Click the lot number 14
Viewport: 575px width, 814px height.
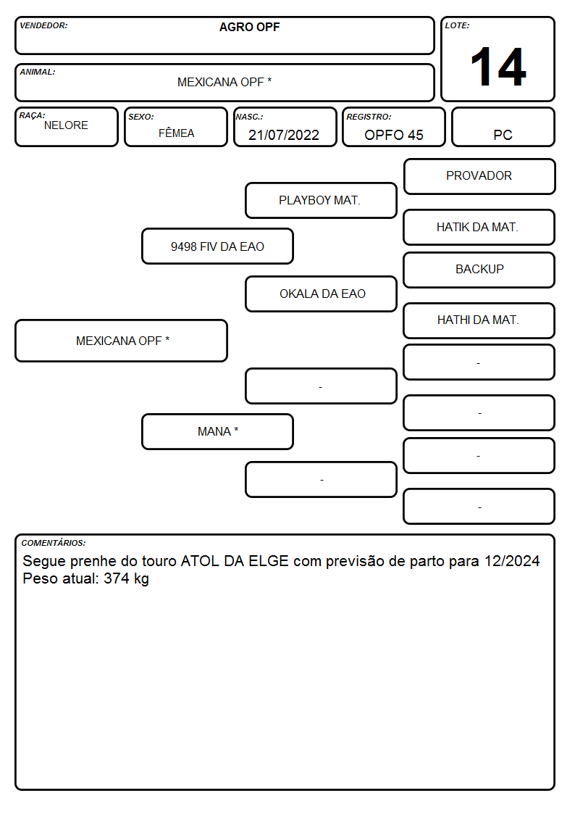click(498, 67)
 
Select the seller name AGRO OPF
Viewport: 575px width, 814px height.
click(249, 27)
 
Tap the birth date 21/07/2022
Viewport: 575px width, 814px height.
click(284, 135)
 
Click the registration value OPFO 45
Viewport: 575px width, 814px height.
click(393, 135)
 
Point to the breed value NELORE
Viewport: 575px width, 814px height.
click(66, 125)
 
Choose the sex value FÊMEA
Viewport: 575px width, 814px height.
click(176, 133)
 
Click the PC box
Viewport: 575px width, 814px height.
click(503, 127)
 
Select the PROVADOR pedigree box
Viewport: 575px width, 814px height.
click(479, 177)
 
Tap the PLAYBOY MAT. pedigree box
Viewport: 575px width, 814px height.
click(321, 200)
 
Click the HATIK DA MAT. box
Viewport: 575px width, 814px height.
click(479, 228)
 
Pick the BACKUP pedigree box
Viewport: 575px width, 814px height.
click(479, 270)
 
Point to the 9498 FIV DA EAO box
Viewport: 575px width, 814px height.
click(217, 246)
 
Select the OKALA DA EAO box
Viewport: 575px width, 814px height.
click(321, 294)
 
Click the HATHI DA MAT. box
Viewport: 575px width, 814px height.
click(479, 320)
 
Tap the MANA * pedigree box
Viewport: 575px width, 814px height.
click(217, 431)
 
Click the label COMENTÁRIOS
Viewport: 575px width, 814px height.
click(54, 543)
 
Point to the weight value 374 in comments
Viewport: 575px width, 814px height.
click(117, 578)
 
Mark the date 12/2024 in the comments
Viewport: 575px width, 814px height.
click(512, 561)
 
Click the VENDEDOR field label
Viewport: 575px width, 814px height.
click(43, 25)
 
